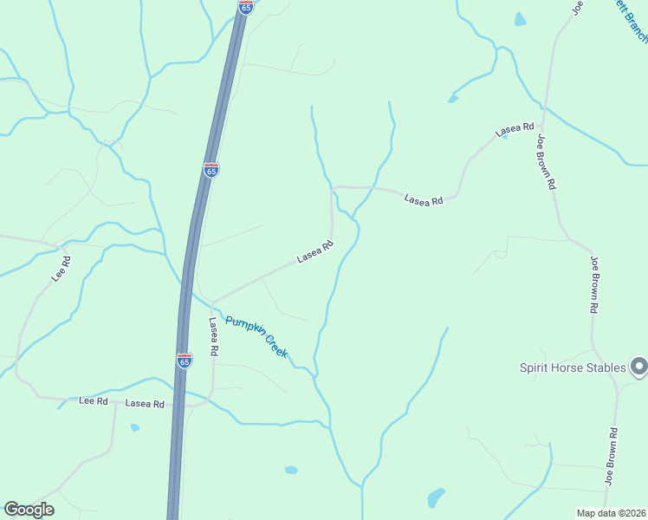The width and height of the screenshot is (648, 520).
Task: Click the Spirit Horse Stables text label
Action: [x=572, y=367]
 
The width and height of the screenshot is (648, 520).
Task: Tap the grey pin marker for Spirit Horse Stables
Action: [x=638, y=367]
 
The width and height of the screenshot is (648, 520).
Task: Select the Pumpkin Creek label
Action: [x=256, y=337]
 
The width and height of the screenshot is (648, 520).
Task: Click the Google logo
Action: [x=29, y=510]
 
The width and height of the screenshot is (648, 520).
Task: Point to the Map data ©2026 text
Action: [x=611, y=512]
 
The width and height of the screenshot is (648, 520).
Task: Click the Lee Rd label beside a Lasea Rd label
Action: [x=93, y=401]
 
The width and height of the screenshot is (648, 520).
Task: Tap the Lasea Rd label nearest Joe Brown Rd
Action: [x=515, y=130]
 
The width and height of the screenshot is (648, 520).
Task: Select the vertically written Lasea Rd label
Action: [x=213, y=335]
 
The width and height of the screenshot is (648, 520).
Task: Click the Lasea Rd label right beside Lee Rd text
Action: [x=145, y=404]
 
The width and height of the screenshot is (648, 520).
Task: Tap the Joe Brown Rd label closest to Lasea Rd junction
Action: [x=545, y=161]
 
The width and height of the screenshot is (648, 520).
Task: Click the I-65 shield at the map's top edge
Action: [x=246, y=7]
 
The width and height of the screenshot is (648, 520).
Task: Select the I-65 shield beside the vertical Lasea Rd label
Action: [x=184, y=361]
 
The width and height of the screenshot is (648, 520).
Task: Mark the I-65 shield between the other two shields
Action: [x=211, y=170]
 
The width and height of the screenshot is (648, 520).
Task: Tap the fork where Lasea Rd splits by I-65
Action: [x=212, y=303]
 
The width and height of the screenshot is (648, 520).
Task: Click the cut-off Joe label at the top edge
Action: [x=577, y=7]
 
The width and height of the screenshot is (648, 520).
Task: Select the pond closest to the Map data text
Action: [x=436, y=497]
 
